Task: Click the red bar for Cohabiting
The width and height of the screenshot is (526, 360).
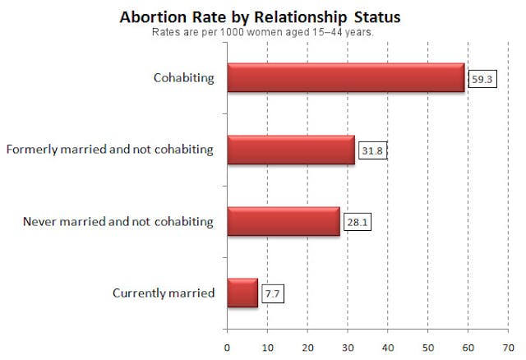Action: (x=345, y=79)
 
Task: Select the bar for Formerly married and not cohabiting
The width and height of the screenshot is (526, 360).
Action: (x=290, y=150)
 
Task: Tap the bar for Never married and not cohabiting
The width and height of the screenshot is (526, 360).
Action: (x=283, y=222)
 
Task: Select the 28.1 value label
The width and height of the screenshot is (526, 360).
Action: (x=357, y=223)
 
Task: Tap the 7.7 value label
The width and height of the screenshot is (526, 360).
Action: (x=273, y=293)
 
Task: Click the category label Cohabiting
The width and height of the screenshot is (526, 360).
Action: (x=183, y=79)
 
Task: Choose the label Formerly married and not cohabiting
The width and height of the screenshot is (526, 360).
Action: (x=109, y=150)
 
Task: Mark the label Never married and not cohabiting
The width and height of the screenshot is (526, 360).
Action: (x=118, y=222)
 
